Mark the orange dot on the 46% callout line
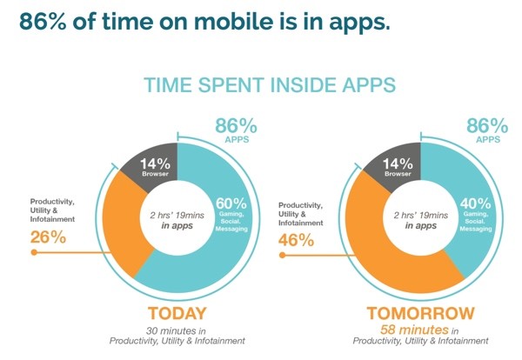282,256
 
